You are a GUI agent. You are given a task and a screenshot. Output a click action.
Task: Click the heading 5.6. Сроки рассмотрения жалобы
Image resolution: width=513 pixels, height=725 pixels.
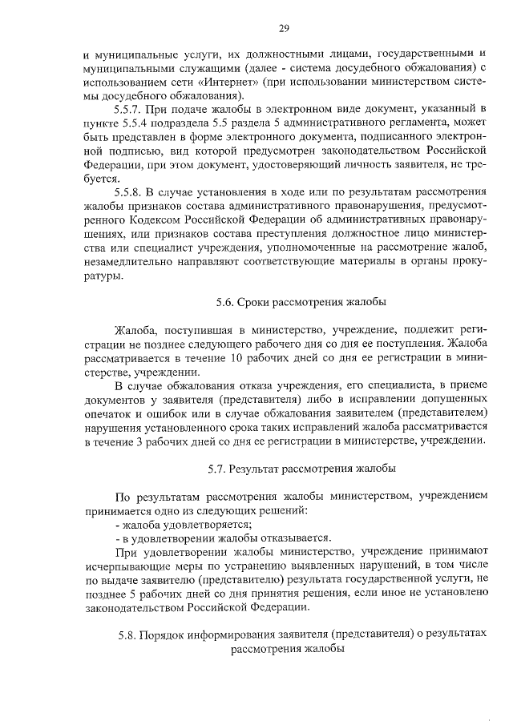click(301, 303)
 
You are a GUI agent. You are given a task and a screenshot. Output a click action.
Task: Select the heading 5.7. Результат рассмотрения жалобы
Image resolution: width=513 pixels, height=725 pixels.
click(301, 467)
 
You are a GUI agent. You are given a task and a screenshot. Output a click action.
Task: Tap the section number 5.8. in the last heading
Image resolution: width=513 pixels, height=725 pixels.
click(128, 634)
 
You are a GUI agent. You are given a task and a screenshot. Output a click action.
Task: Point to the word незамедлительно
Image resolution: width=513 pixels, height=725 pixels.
click(131, 264)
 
